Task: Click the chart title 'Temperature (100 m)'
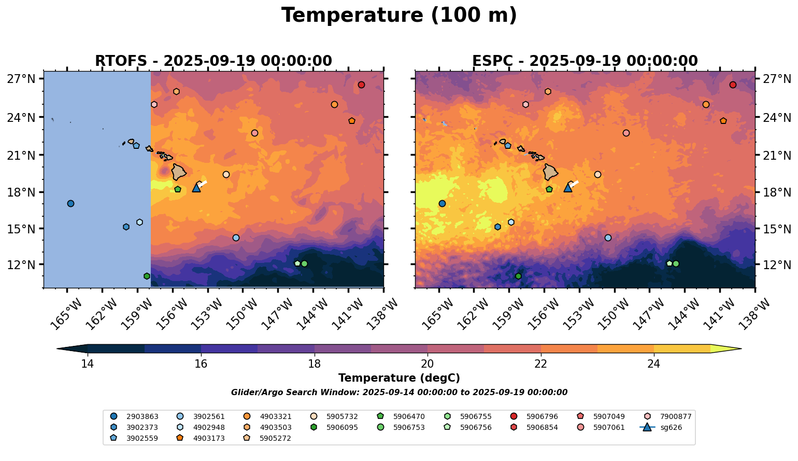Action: (x=399, y=16)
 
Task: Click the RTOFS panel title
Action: (x=213, y=61)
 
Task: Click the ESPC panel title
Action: (x=585, y=61)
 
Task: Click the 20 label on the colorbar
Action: (x=427, y=364)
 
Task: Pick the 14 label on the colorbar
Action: (x=87, y=364)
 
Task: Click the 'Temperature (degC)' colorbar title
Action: (x=399, y=378)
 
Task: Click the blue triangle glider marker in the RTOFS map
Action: (x=196, y=188)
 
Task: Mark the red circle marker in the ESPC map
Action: (x=733, y=85)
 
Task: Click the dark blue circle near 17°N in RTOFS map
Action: (x=70, y=203)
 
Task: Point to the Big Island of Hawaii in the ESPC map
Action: (x=550, y=172)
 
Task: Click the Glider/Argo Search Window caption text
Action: (x=399, y=393)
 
